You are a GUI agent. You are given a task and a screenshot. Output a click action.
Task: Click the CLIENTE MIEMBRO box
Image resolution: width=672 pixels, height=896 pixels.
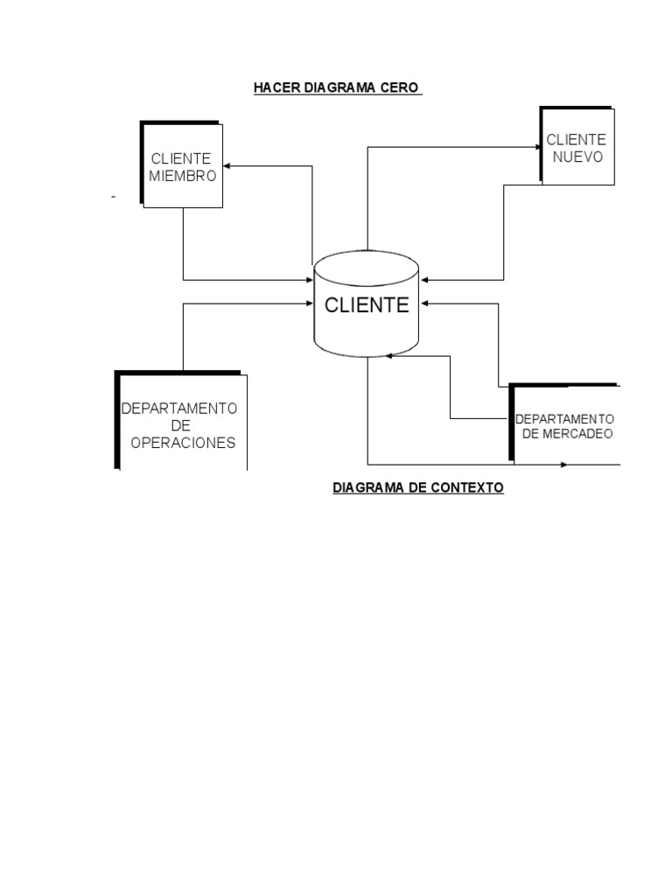click(x=182, y=165)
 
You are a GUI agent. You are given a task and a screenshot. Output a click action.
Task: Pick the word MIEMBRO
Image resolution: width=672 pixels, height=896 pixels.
click(x=182, y=175)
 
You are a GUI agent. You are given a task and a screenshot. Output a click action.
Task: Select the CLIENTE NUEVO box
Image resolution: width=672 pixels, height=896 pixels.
click(x=577, y=146)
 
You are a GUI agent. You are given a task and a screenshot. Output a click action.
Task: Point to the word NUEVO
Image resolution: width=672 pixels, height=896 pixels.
click(x=577, y=156)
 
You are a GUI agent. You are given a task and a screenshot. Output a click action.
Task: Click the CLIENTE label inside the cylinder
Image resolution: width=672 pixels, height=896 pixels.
click(x=367, y=305)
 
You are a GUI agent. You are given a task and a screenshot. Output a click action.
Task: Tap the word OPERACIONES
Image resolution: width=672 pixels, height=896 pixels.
click(x=183, y=443)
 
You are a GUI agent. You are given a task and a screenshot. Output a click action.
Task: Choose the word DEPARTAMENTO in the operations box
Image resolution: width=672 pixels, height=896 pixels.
click(x=179, y=409)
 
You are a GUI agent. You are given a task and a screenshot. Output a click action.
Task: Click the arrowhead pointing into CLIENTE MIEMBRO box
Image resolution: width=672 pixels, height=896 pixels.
click(x=227, y=164)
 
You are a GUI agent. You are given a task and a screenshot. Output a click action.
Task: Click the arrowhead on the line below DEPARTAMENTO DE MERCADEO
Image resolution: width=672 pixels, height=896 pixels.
click(x=563, y=464)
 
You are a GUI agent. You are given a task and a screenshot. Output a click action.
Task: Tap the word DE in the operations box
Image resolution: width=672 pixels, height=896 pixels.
click(x=180, y=425)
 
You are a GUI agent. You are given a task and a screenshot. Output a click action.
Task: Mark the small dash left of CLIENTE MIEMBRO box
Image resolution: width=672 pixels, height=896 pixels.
click(x=113, y=198)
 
